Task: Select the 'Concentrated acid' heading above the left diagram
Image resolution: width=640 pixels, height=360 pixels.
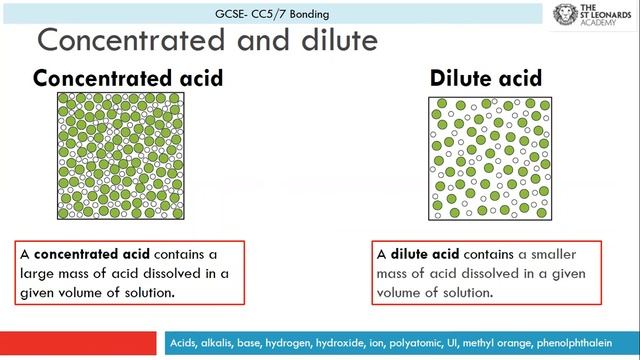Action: point(128,78)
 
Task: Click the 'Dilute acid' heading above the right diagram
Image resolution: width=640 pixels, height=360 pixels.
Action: point(487,78)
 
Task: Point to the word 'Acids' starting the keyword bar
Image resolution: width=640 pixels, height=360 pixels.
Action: point(186,343)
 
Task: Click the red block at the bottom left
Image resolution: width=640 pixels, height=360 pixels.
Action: point(80,343)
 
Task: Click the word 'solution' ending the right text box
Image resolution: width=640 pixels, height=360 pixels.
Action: point(467,293)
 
